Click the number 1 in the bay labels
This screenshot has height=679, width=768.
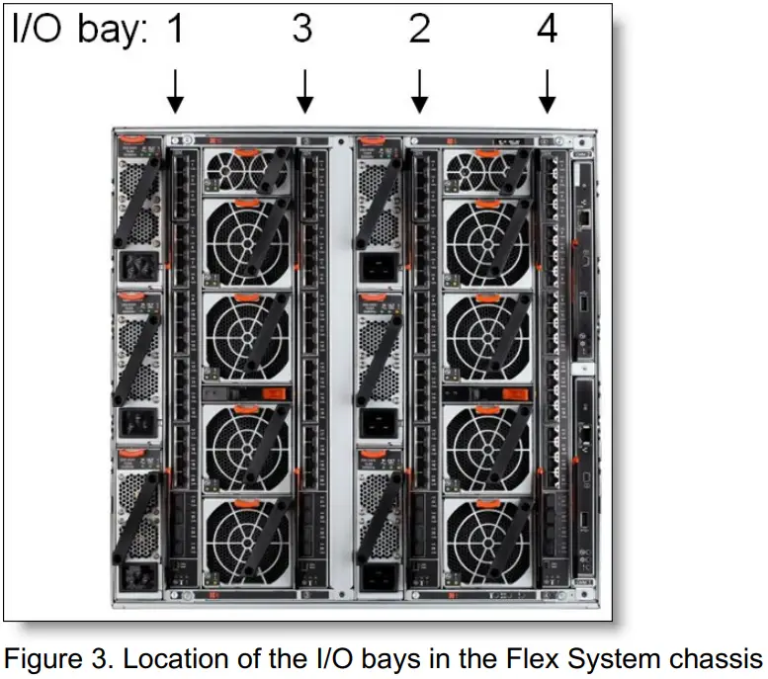175,30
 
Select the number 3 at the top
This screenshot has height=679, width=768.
302,30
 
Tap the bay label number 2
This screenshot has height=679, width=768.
419,30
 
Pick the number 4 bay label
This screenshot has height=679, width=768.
547,30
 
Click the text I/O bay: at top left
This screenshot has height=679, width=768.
79,31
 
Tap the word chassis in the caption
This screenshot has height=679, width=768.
720,656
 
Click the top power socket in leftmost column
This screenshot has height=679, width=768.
134,266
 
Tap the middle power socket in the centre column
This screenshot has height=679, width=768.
377,423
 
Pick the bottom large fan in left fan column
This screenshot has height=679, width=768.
246,541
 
